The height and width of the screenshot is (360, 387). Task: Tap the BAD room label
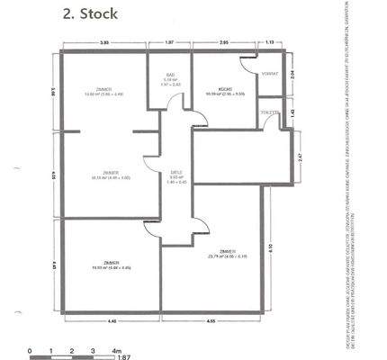[170, 76]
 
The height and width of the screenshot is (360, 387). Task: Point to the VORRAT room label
[268, 73]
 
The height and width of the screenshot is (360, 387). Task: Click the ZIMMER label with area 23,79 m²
[228, 252]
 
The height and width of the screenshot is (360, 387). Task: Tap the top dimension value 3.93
[104, 42]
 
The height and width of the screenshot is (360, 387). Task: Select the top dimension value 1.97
[170, 42]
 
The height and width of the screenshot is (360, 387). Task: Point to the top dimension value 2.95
[225, 42]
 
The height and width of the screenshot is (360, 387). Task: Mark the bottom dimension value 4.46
[112, 320]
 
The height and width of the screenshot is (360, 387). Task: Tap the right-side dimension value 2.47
[300, 157]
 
